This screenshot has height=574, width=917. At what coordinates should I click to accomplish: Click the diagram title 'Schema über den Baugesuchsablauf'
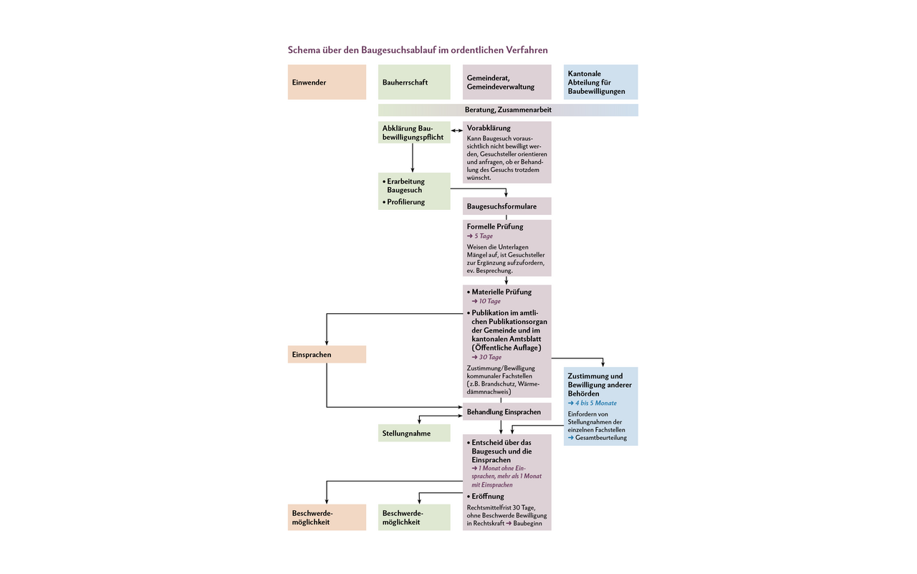click(x=418, y=50)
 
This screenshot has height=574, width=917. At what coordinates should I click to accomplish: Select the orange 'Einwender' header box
click(x=327, y=82)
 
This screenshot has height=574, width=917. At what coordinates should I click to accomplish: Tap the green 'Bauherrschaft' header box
click(x=414, y=82)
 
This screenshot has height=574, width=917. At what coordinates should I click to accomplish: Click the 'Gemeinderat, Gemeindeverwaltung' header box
click(x=506, y=82)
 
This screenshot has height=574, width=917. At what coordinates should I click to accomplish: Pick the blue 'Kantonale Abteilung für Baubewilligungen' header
click(x=600, y=82)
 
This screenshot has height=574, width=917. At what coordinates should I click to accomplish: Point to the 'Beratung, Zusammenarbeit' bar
click(x=508, y=110)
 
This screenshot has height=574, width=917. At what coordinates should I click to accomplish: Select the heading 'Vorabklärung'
click(x=489, y=128)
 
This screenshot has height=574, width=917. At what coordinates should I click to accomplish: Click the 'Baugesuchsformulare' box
click(x=506, y=206)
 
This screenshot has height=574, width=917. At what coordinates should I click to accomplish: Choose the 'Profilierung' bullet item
click(x=405, y=202)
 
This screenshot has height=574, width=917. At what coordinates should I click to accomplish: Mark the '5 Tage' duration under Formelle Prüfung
click(x=482, y=236)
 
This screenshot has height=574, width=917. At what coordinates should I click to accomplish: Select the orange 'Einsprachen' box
click(x=327, y=354)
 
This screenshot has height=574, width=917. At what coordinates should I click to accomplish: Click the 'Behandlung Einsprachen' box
click(x=506, y=412)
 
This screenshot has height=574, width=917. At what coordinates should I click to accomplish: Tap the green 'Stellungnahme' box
click(x=414, y=433)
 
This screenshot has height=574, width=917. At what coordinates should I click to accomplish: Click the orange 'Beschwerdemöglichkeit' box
click(x=327, y=517)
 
